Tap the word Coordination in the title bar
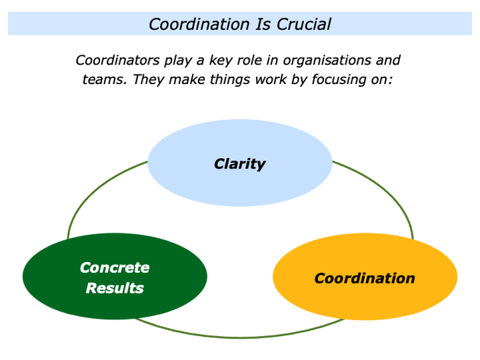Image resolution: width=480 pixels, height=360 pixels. (198, 25)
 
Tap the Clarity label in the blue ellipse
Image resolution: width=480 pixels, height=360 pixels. (239, 163)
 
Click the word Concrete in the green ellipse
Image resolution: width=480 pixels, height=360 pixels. (115, 267)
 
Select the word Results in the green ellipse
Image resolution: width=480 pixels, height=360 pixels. (115, 288)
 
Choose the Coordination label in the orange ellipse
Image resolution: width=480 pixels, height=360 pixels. (365, 278)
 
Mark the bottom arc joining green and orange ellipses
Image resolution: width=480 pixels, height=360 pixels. (240, 336)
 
